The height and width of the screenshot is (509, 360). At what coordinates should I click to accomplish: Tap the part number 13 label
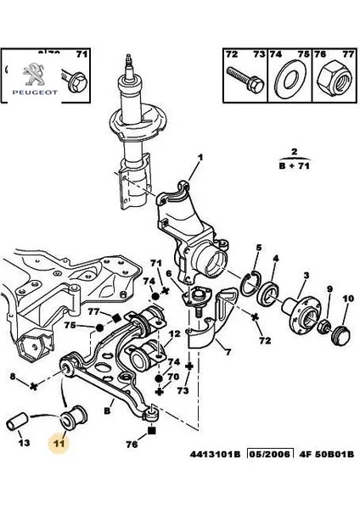23,442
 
